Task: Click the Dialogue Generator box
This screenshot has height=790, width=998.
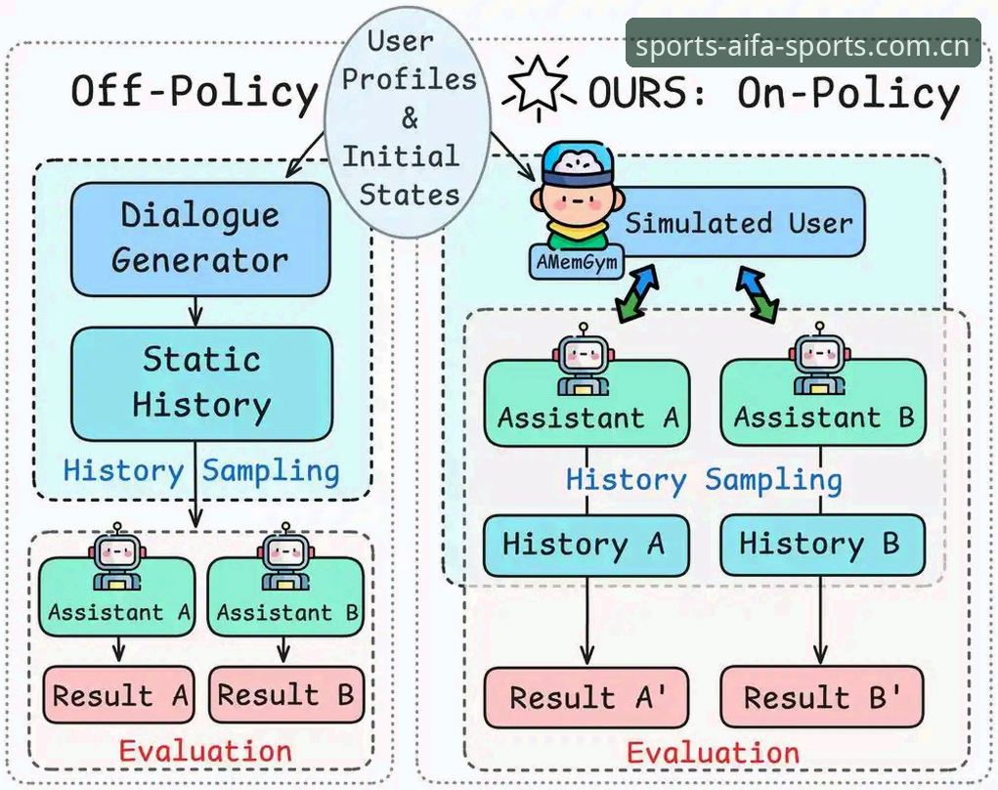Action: coord(200,240)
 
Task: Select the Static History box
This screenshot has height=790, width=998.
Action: coord(201,384)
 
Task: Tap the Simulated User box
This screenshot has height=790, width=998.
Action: coord(732,222)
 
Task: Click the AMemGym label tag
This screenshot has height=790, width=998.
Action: coord(577,262)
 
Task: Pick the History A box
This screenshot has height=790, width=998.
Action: coord(586,546)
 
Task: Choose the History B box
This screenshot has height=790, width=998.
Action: coord(822,545)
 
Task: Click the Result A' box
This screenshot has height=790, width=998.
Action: coord(586,697)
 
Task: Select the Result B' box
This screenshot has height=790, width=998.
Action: coord(822,696)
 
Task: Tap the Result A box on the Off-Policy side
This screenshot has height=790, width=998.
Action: coord(118,694)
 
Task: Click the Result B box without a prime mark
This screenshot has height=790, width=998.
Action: coord(285,694)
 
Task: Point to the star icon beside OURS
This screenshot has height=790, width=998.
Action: coord(540,87)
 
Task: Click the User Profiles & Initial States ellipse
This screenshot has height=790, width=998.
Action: coord(408,121)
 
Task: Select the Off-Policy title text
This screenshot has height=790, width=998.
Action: coord(194,92)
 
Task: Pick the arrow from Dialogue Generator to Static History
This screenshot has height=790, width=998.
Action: coord(196,312)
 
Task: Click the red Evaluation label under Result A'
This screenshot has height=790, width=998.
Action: coord(713,753)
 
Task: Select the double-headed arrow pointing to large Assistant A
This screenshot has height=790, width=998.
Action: coord(637,293)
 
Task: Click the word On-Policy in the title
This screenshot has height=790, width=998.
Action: coord(848,94)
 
